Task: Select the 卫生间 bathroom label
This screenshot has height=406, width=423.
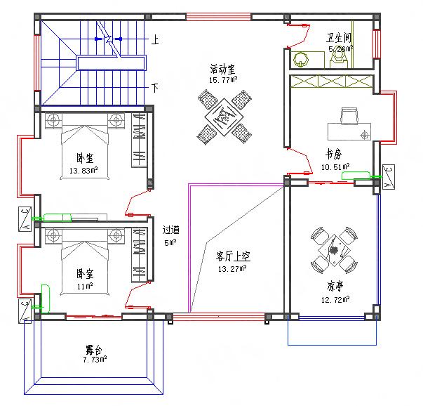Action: [x=338, y=38]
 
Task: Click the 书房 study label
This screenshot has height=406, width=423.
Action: [x=333, y=153]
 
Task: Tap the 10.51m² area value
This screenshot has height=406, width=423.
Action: [x=335, y=166]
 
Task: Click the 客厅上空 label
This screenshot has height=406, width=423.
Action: [x=233, y=256]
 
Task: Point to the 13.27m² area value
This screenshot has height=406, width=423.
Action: [x=232, y=268]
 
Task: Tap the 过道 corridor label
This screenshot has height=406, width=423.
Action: [x=170, y=230]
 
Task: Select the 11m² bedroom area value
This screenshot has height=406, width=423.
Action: [x=85, y=286]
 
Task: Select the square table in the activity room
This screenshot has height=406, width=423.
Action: [x=224, y=117]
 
